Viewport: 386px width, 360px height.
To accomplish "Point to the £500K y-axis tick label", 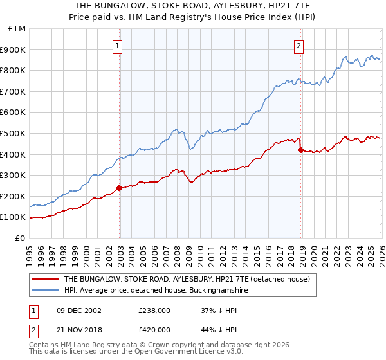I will point(14,133).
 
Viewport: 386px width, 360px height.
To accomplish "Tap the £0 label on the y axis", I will point(21,238).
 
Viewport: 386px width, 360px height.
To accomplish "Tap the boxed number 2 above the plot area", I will point(300,46).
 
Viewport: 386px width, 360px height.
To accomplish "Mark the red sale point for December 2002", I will point(119,188).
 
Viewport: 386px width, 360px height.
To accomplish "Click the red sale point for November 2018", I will point(300,150).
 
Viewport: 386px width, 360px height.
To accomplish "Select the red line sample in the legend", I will point(46,280).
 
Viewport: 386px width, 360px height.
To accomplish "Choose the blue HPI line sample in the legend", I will point(46,291).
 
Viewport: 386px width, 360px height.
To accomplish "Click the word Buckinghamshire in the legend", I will point(210,291).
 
